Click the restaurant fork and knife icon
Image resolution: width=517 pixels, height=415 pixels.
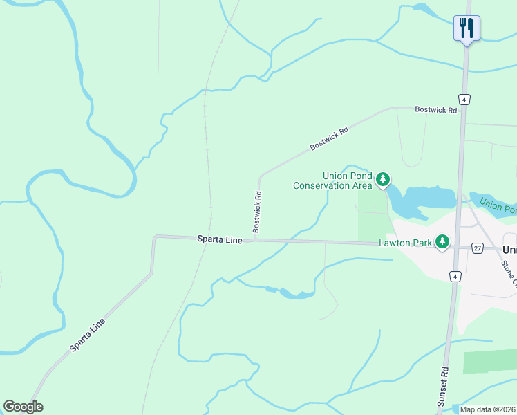[x=467, y=28]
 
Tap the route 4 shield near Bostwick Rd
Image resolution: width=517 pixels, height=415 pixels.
[x=464, y=99]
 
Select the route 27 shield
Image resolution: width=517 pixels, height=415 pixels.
[x=477, y=248]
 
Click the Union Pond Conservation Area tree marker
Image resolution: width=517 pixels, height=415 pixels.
[x=383, y=181]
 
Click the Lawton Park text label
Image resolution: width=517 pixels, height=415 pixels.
[x=404, y=243]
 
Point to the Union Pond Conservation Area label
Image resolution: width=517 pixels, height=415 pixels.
[x=333, y=181]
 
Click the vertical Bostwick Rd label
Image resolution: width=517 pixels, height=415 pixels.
[x=257, y=211]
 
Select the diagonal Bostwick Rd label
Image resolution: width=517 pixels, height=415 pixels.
[x=328, y=138]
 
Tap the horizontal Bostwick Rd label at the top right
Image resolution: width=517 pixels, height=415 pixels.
[x=435, y=110]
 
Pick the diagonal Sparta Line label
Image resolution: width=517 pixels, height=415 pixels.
[x=88, y=335]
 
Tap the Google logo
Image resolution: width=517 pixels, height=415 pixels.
[x=23, y=406]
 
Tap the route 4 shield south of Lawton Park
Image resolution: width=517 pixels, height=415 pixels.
[x=454, y=277]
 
